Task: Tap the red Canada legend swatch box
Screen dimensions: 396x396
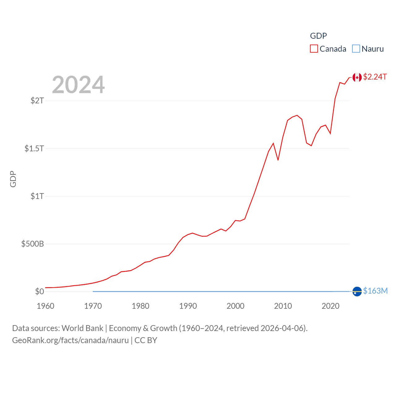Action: [314, 49]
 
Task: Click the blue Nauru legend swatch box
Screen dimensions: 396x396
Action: [356, 49]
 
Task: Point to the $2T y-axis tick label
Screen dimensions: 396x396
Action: [37, 101]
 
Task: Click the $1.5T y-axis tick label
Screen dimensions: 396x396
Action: [34, 148]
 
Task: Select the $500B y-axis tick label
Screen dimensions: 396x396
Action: [32, 244]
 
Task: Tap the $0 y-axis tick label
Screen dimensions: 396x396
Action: [40, 291]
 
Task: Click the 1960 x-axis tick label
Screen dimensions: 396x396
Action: [45, 306]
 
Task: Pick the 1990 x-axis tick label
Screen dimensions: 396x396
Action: [188, 306]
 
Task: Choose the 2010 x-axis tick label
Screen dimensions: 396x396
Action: [283, 306]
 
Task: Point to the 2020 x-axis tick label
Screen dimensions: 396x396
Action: [330, 306]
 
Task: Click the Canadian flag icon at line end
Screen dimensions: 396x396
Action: [357, 77]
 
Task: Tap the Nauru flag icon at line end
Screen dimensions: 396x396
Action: [357, 291]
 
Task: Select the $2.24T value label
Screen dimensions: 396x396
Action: [375, 77]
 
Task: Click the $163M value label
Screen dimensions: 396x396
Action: [375, 291]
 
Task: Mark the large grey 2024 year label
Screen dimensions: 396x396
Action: [78, 85]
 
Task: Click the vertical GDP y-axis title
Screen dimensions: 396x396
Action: [13, 179]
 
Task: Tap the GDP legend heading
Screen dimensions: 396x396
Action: [318, 36]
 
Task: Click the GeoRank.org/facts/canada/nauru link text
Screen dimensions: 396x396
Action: [70, 340]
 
